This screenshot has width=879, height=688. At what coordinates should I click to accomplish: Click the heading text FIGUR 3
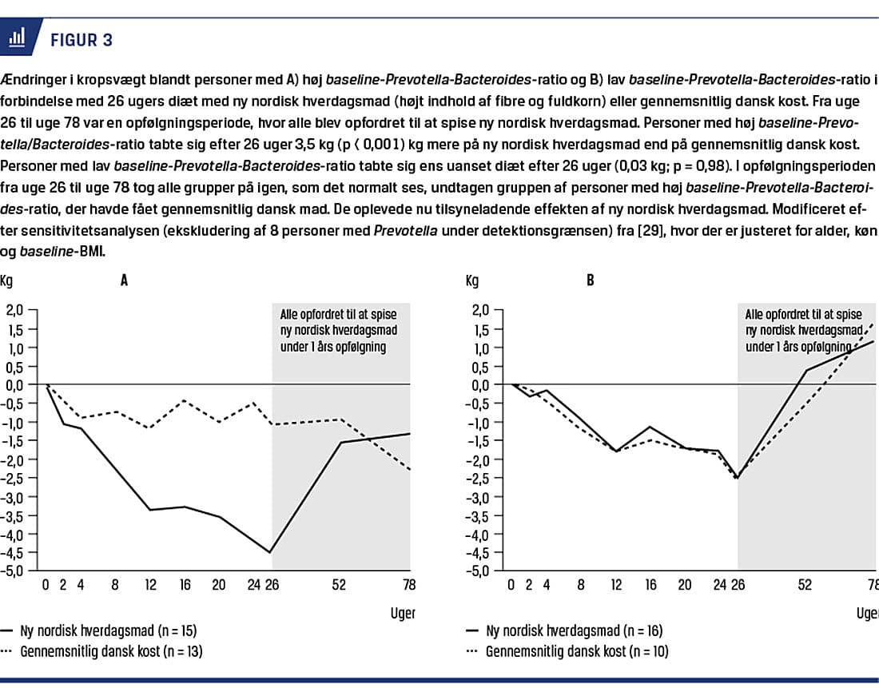[82, 40]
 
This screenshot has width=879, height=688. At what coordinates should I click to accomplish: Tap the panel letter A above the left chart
[124, 280]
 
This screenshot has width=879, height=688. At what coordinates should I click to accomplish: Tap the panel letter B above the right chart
[590, 280]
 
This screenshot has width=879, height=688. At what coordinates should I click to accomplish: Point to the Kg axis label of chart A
[7, 280]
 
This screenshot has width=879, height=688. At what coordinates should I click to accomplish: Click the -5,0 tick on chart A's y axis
[15, 571]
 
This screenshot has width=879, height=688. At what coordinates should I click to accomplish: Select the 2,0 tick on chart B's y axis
[480, 311]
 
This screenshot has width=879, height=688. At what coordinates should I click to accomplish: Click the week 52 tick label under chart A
[339, 586]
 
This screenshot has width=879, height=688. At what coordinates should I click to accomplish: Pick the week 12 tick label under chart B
[617, 586]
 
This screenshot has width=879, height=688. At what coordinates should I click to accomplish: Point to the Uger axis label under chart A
[401, 614]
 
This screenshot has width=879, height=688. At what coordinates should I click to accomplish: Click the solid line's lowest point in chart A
[270, 552]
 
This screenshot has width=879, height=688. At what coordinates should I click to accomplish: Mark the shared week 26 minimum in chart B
[736, 478]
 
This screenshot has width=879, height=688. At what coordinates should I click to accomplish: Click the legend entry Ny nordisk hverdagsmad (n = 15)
[105, 631]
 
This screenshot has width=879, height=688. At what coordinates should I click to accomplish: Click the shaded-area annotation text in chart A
[338, 328]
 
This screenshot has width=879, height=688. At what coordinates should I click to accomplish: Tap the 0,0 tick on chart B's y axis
[480, 385]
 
